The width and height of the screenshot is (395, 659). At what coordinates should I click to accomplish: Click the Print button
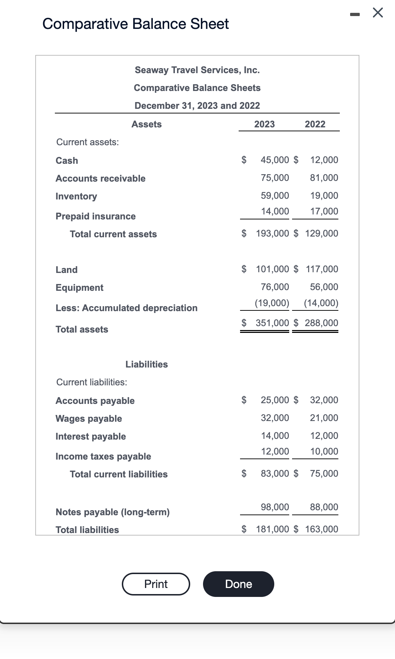[x=156, y=584]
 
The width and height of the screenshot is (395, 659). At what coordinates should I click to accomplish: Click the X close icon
[x=378, y=13]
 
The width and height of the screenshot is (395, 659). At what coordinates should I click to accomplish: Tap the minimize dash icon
[x=355, y=14]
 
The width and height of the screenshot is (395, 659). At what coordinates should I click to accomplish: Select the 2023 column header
[x=264, y=124]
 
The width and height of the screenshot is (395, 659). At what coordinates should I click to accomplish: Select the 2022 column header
[x=315, y=124]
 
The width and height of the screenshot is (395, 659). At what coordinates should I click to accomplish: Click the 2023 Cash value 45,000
[x=275, y=160]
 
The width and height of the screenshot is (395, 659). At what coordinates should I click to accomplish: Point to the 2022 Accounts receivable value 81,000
[x=324, y=178]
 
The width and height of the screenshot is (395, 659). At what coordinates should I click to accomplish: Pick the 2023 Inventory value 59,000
[x=275, y=196]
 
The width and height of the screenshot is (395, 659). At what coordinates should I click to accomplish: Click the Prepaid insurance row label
[x=95, y=216]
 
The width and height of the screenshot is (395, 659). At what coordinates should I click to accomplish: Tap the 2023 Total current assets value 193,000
[x=272, y=233]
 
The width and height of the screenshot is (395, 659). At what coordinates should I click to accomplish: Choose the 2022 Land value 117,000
[x=322, y=269]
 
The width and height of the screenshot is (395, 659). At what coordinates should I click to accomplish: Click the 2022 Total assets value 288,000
[x=321, y=323]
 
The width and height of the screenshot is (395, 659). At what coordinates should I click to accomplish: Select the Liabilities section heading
[x=146, y=364]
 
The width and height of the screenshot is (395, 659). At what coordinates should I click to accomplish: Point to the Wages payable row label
[x=89, y=419]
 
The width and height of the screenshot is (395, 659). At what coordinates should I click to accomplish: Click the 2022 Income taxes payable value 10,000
[x=324, y=451]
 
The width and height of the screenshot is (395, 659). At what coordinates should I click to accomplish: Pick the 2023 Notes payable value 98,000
[x=275, y=507]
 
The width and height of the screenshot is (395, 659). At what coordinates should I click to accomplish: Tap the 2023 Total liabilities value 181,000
[x=272, y=529]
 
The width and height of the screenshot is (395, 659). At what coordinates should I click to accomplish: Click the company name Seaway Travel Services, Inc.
[x=197, y=70]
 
